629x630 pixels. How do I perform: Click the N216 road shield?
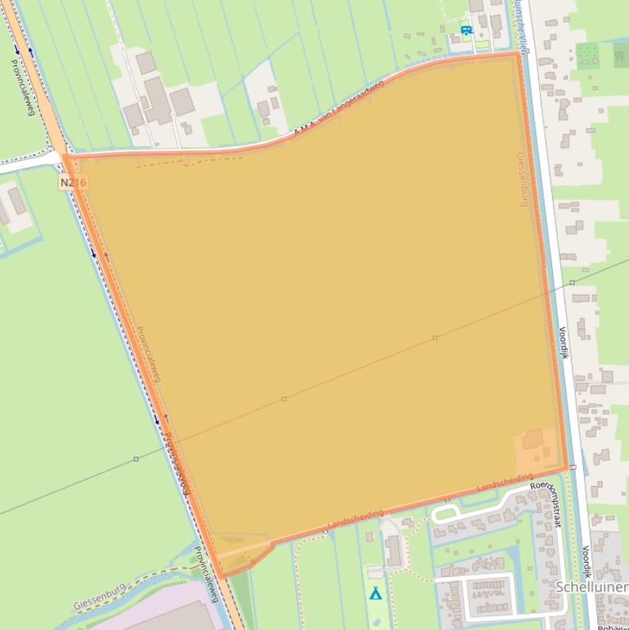click(x=73, y=182)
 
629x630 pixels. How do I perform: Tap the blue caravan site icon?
click(x=466, y=31)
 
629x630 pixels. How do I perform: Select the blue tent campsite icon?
click(x=375, y=592)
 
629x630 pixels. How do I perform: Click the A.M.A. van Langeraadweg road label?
click(x=338, y=113)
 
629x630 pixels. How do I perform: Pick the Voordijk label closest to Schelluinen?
click(x=586, y=564)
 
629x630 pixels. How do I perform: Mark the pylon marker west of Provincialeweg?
click(x=136, y=459)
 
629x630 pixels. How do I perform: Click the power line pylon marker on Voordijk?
click(x=572, y=282)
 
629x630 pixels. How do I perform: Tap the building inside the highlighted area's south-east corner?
click(x=532, y=439)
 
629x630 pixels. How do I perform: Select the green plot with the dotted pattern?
click(x=587, y=56)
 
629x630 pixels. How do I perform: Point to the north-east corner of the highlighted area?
click(x=519, y=54)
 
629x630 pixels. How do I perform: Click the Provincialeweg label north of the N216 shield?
click(x=22, y=86)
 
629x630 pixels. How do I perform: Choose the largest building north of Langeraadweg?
click(x=156, y=100)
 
